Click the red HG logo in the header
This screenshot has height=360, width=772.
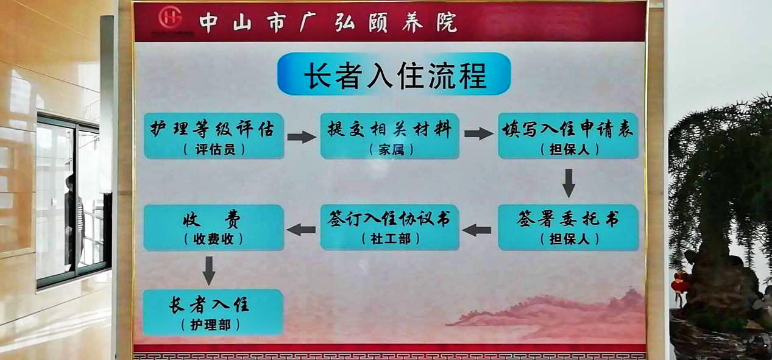[170, 18]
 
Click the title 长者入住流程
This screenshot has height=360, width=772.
[394, 74]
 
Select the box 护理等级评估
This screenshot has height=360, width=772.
[214, 136]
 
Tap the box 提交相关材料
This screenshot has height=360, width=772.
[389, 136]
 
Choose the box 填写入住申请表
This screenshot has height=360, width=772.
[568, 136]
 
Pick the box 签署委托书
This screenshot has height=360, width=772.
[568, 227]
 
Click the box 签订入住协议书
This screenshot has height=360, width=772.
[389, 227]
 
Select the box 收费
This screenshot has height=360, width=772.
[214, 227]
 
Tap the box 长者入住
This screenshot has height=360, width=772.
[213, 312]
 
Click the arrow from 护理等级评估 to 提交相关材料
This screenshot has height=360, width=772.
[302, 137]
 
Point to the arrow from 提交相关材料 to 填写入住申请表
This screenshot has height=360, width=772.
[479, 133]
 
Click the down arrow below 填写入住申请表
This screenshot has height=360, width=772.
[568, 183]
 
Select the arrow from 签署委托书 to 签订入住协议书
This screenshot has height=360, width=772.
[476, 230]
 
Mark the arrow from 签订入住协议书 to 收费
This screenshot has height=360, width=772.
[301, 230]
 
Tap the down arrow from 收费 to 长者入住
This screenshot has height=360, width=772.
[209, 271]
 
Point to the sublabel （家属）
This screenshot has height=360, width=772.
[391, 150]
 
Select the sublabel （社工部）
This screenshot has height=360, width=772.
[391, 239]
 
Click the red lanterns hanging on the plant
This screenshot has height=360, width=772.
[679, 283]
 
